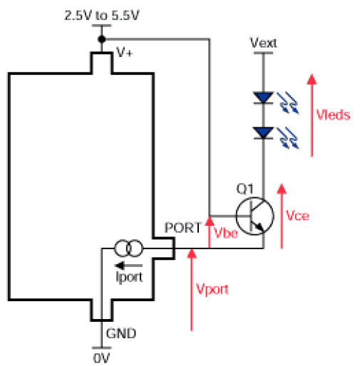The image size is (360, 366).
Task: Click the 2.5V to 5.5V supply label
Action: [101, 16]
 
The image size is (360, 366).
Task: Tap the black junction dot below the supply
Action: [102, 39]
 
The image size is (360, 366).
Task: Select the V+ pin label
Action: [124, 52]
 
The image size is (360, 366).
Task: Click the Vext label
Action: [264, 43]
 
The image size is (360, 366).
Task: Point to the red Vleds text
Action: [333, 115]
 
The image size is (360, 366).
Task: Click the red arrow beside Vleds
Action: [312, 115]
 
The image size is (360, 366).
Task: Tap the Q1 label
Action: [245, 189]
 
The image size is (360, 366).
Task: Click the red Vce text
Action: [297, 216]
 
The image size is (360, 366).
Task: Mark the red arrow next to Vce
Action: [282, 216]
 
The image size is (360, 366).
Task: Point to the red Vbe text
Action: [226, 233]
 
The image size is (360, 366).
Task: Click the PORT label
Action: [183, 228]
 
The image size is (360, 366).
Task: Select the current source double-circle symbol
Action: [129, 249]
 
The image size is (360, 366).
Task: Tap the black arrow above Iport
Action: [128, 266]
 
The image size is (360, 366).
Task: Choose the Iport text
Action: [129, 277]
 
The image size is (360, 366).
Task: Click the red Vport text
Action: [212, 289]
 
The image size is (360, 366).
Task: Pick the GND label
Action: [121, 333]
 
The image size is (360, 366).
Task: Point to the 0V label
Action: [101, 358]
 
